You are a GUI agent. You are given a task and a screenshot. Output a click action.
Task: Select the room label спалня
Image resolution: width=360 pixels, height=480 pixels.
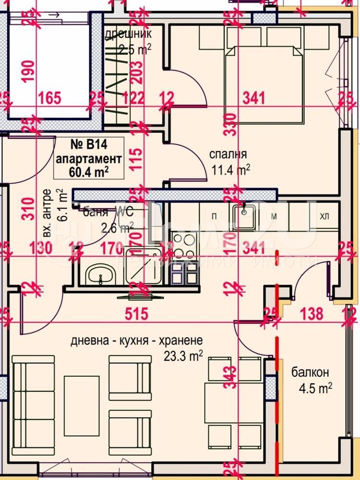click(x=228, y=155)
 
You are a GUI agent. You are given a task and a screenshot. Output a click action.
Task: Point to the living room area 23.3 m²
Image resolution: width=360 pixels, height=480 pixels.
click(x=183, y=356)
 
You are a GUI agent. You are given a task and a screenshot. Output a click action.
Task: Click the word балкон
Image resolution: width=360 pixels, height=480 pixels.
click(x=310, y=372)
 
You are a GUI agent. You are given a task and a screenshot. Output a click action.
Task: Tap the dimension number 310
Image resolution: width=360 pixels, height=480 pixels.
click(x=28, y=207)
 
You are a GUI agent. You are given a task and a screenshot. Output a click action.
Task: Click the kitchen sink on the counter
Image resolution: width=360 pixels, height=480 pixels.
click(x=244, y=216)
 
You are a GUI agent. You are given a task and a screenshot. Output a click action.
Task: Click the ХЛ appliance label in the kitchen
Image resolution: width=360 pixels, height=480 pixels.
click(x=325, y=216)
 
